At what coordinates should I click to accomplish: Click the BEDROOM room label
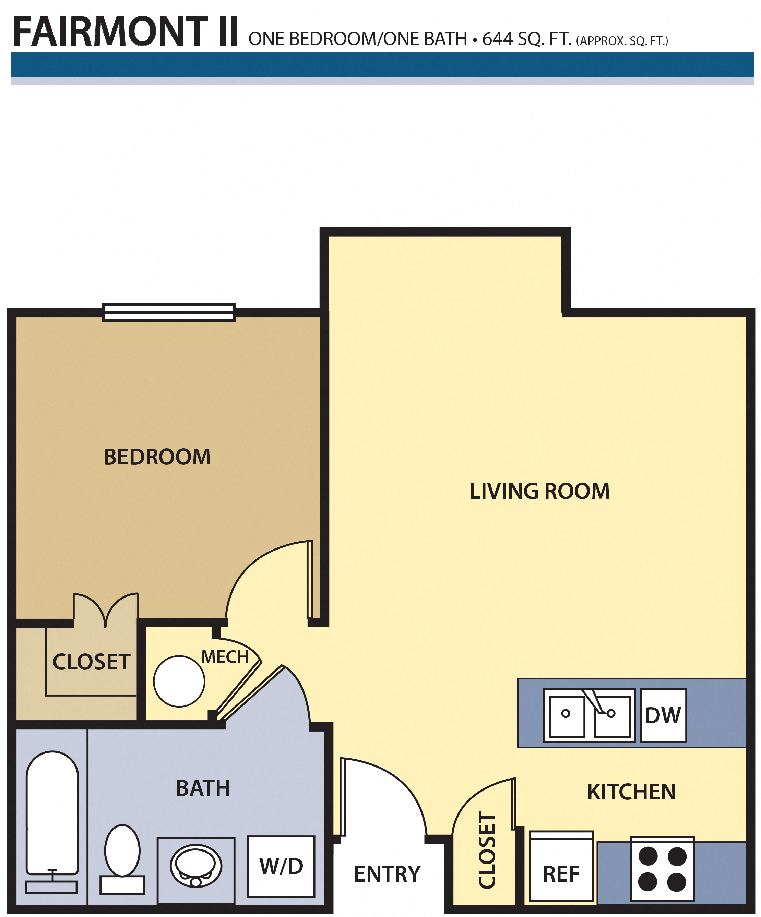[x=157, y=457]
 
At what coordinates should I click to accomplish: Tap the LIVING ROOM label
[x=539, y=491]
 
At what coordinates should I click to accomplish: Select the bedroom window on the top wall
[x=169, y=313]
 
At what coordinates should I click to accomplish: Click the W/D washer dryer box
[x=281, y=866]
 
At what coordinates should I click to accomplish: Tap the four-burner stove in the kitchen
[x=662, y=869]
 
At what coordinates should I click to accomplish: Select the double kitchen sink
[x=588, y=715]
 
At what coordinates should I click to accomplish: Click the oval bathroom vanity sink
[x=196, y=866]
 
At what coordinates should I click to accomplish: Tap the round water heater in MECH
[x=179, y=681]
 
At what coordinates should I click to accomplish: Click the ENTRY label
[x=387, y=874]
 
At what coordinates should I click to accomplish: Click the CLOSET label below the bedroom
[x=91, y=662]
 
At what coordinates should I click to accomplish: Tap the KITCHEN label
[x=631, y=792]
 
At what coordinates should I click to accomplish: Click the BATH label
[x=203, y=788]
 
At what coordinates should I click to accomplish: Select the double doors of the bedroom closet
[x=106, y=609]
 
